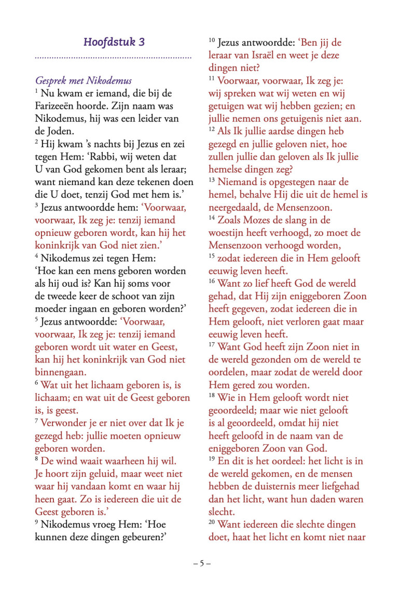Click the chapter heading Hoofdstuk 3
[114, 42]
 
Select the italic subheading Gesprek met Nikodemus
[83, 80]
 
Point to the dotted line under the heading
[113, 57]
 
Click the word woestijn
[226, 232]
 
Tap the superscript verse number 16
[212, 281]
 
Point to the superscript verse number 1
[37, 91]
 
